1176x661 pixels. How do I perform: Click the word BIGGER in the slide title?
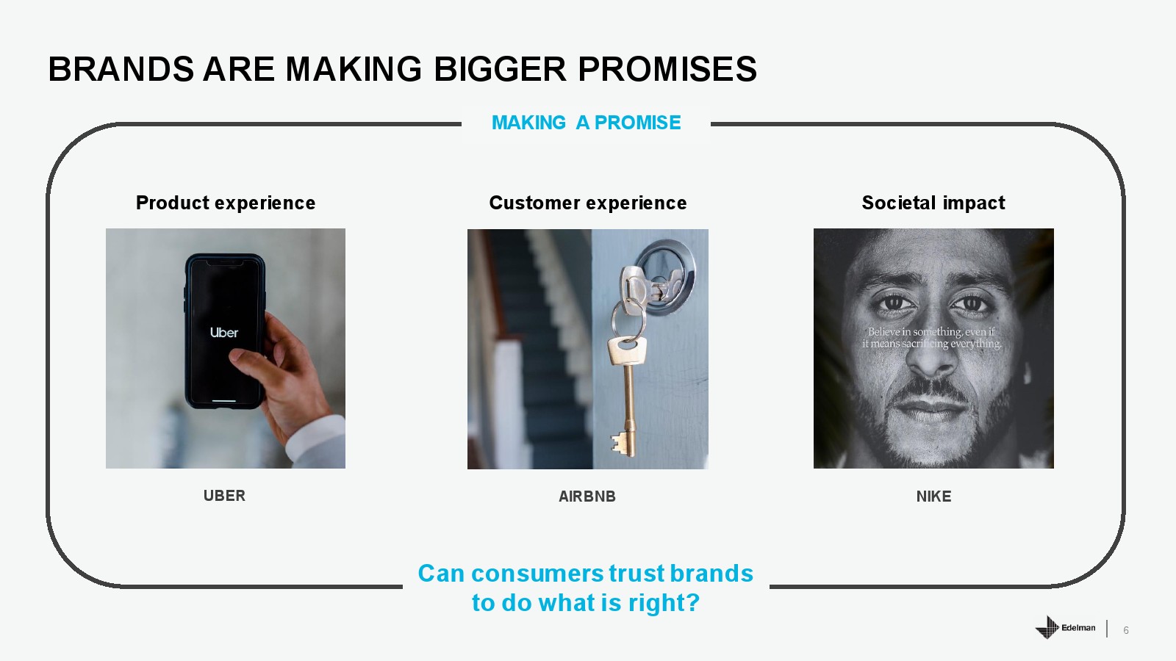[x=501, y=69]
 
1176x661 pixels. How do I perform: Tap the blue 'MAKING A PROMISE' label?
[x=586, y=123]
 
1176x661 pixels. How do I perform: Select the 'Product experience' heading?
[x=226, y=203]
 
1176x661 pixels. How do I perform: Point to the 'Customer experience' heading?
[x=588, y=203]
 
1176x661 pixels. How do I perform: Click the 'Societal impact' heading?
[x=933, y=203]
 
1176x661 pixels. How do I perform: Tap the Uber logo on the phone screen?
[x=224, y=333]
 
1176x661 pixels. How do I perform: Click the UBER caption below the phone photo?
[x=224, y=496]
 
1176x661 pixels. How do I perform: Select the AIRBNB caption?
[x=587, y=496]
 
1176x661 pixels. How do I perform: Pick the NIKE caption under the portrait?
[x=933, y=496]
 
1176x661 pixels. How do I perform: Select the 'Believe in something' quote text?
[x=932, y=338]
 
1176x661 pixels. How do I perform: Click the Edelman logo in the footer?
[x=1065, y=627]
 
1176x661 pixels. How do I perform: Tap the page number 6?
[x=1125, y=630]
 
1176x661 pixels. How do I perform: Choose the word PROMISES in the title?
[x=667, y=69]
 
